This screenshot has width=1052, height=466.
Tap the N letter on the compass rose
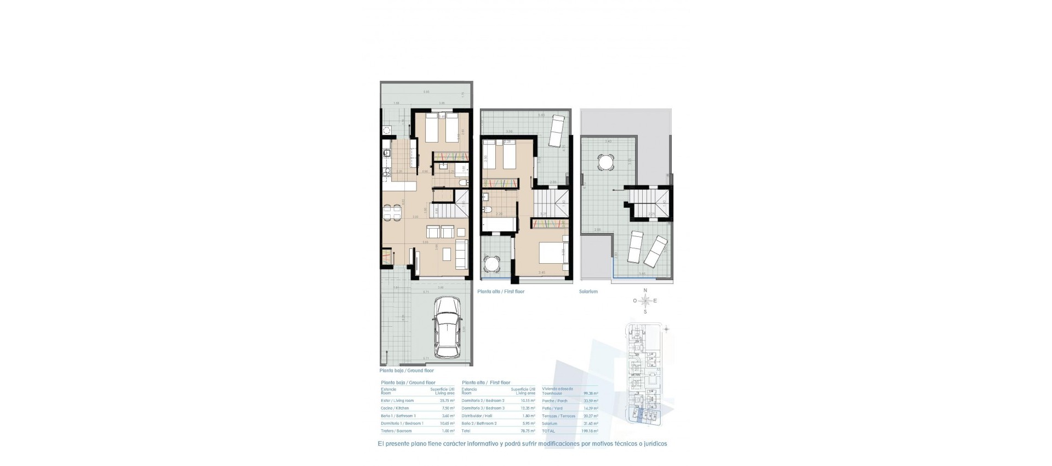[x=645, y=291]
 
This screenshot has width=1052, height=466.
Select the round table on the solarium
[x=605, y=162]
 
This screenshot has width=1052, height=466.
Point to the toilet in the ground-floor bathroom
[x=463, y=183]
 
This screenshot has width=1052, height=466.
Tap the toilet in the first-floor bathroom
[x=486, y=209]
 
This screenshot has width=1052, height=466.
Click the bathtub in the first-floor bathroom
[x=500, y=225]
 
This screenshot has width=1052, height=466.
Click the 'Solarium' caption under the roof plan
[x=588, y=292]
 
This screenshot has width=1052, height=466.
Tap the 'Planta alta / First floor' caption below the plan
[x=501, y=292]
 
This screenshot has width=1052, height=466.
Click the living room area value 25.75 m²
[x=447, y=401]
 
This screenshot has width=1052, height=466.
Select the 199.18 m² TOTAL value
[x=591, y=431]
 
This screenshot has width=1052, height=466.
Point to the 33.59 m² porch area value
[x=591, y=401]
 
